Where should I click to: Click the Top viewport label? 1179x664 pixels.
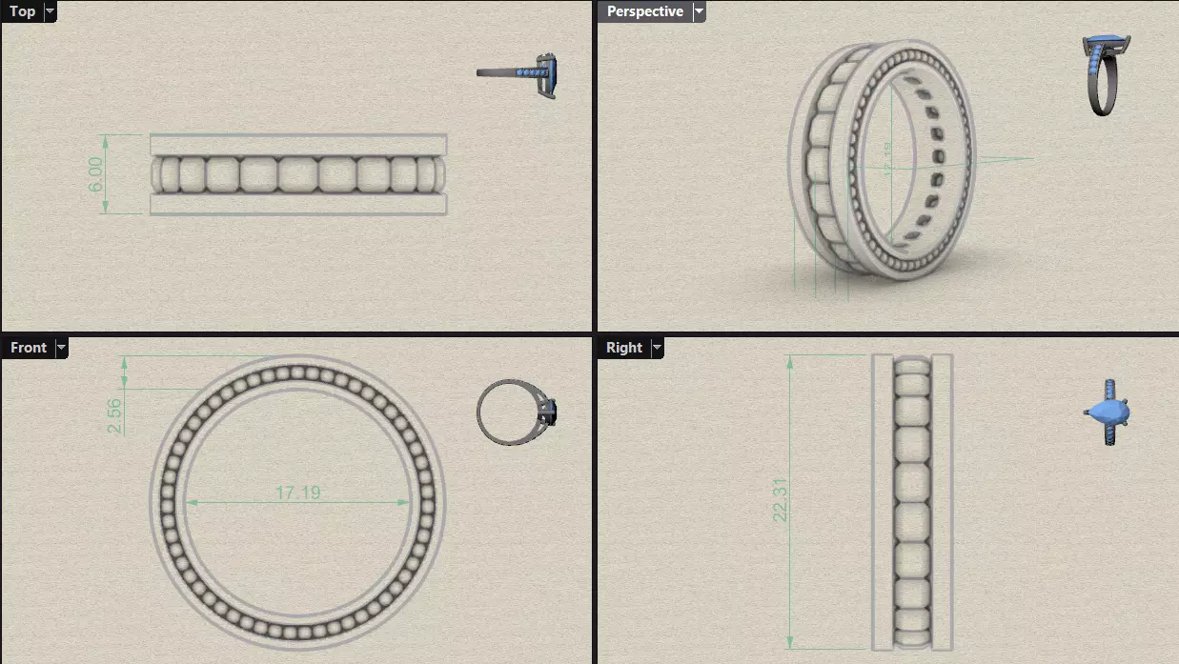click(x=22, y=11)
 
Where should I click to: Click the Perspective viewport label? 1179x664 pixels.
click(x=644, y=11)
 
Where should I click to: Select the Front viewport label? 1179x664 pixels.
click(x=28, y=348)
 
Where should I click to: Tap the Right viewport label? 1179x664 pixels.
click(x=623, y=348)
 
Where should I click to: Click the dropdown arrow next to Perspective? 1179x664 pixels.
click(x=699, y=11)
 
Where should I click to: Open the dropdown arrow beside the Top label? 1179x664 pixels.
click(x=50, y=11)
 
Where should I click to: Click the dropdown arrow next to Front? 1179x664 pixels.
click(x=61, y=348)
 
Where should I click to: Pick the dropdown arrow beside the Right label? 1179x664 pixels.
click(x=657, y=348)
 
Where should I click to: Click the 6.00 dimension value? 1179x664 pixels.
click(x=96, y=174)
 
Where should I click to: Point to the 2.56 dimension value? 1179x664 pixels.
click(x=114, y=416)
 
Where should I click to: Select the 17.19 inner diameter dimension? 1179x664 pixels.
click(x=297, y=493)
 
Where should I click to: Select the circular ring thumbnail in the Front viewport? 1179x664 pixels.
click(x=516, y=412)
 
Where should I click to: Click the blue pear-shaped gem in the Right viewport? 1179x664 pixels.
click(x=1108, y=412)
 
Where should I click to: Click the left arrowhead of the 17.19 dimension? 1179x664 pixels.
click(x=190, y=502)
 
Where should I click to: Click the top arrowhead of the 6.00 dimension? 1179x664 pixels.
click(x=105, y=138)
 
